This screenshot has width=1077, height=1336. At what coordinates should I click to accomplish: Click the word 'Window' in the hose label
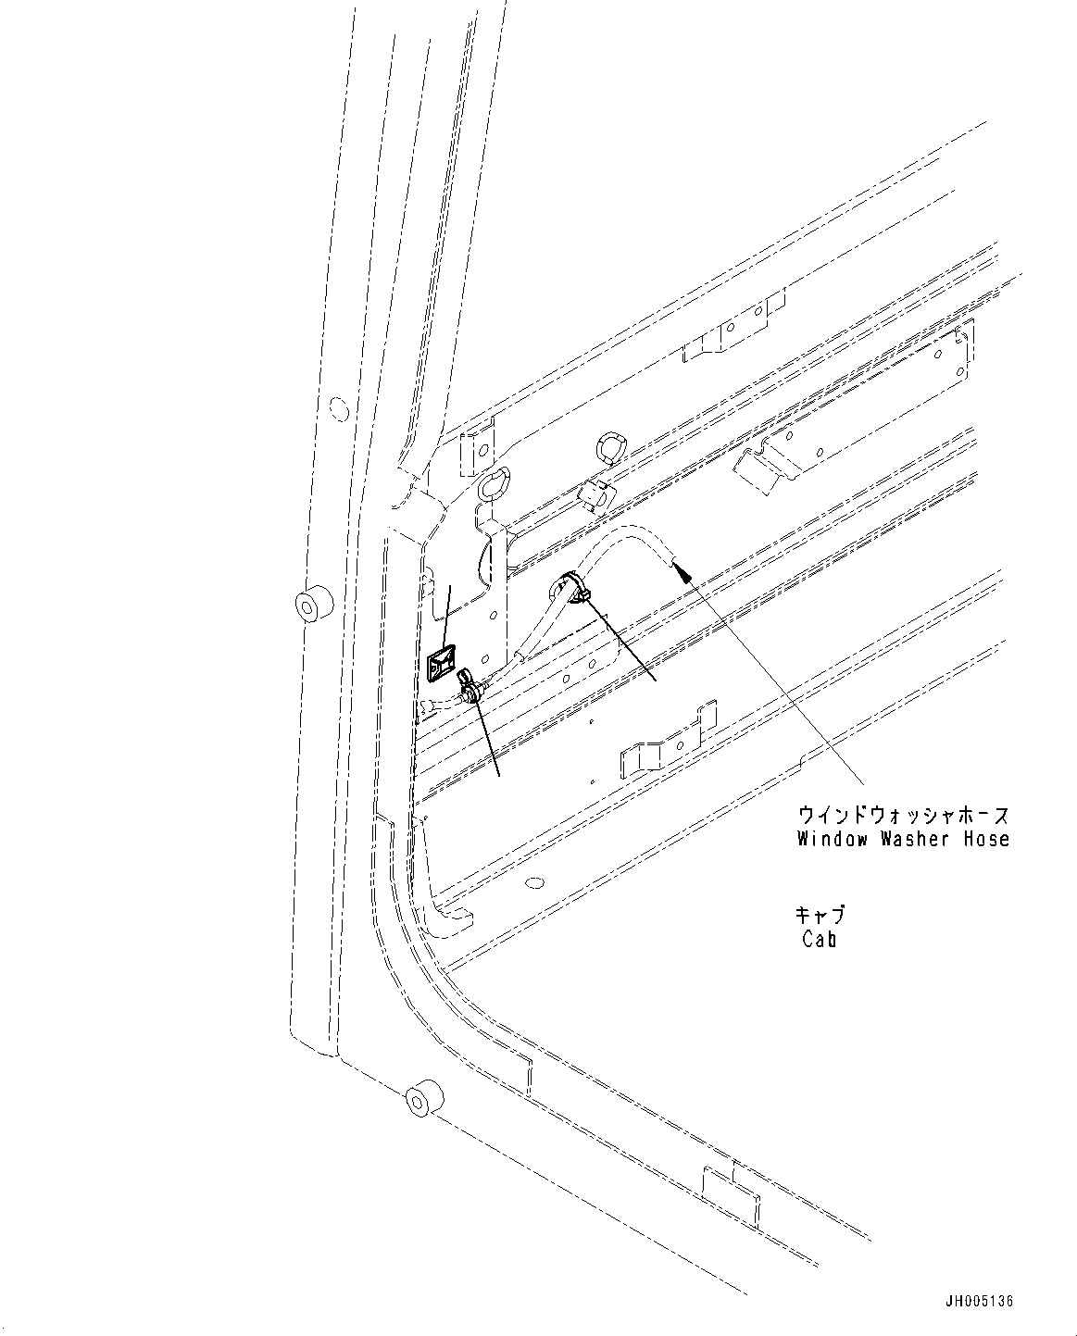[830, 840]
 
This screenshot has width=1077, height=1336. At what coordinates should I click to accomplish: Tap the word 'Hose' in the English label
[984, 840]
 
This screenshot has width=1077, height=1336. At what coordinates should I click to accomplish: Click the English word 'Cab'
[820, 940]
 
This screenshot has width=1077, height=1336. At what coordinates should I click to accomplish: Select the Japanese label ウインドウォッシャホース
[904, 816]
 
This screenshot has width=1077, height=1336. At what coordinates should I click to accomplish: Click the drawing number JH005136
[979, 1301]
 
